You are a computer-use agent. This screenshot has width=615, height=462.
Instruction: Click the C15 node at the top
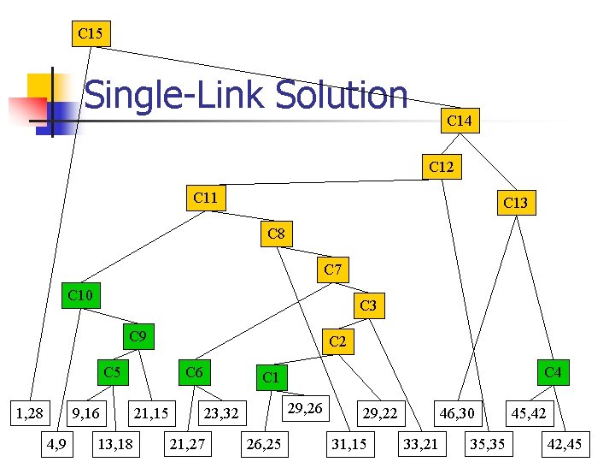(x=90, y=34)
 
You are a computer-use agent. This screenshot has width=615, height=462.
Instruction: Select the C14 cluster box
(x=460, y=121)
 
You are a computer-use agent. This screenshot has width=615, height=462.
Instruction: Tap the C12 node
(x=441, y=167)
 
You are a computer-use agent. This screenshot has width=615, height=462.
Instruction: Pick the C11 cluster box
(x=205, y=198)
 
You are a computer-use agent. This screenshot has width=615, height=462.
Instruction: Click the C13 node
(x=515, y=203)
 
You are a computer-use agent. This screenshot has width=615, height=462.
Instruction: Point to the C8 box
(x=276, y=234)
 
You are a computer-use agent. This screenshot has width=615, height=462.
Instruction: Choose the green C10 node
(x=79, y=296)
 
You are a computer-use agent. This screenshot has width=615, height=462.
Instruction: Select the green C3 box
(x=368, y=305)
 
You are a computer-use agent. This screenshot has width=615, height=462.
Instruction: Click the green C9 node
(x=137, y=336)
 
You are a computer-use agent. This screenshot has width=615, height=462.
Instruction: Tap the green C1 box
(x=272, y=377)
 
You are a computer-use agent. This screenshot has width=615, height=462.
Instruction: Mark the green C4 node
(x=553, y=372)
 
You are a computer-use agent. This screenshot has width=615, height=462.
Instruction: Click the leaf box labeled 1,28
(x=31, y=414)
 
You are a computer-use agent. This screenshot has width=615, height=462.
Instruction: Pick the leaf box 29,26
(x=305, y=409)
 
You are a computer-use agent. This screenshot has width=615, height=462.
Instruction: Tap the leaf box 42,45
(x=565, y=443)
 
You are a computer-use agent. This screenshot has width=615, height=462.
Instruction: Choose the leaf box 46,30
(x=457, y=414)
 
